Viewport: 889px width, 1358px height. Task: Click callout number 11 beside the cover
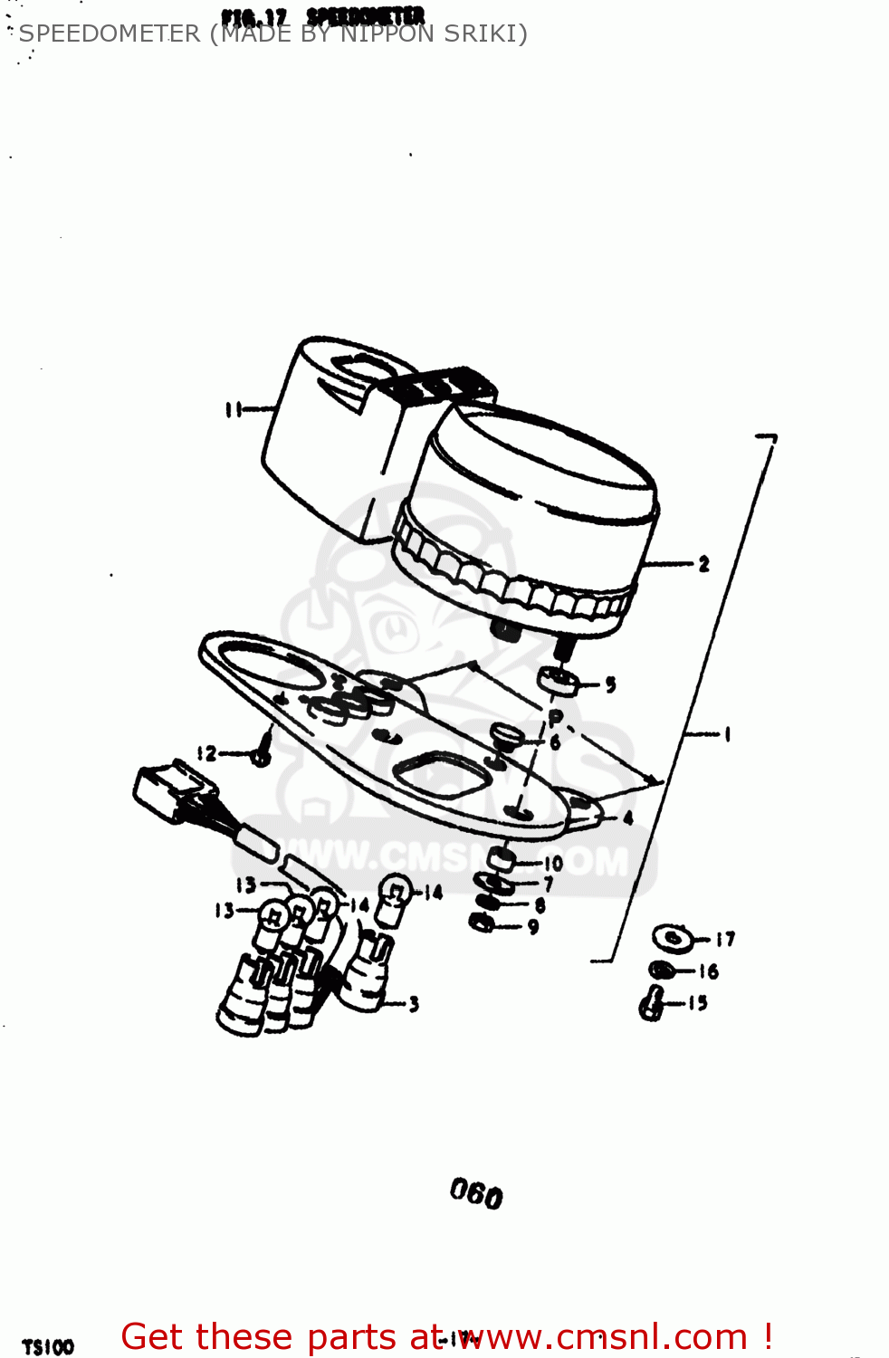pos(234,410)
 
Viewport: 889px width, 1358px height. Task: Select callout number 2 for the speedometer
pos(703,564)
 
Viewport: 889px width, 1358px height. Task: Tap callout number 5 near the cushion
pos(611,684)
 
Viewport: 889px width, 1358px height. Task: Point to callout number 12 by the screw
pos(207,753)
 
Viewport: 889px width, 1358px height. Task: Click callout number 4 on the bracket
pos(627,818)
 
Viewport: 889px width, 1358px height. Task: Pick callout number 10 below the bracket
pos(553,864)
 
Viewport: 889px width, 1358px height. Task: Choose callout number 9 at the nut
pos(533,927)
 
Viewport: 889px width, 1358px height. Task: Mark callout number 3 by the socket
pos(414,1003)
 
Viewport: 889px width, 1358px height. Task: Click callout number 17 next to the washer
pos(725,940)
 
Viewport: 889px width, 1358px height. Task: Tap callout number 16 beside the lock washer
pos(708,971)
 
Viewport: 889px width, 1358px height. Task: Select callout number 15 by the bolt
pos(697,1003)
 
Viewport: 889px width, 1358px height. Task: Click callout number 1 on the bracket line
pos(726,734)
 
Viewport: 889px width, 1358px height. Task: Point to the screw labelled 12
pos(261,755)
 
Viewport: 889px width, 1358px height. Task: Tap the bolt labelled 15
pos(652,1005)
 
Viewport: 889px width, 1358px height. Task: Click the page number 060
pos(476,1194)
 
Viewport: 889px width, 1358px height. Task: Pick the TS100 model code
pos(48,1347)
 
